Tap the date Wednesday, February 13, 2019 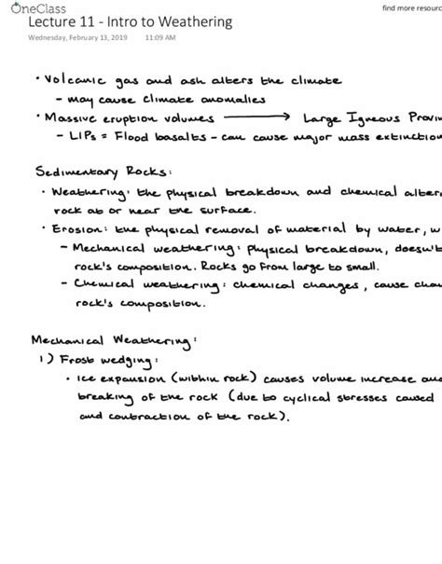tap(78, 38)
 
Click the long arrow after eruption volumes tap(256, 118)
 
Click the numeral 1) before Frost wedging tap(41, 360)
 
